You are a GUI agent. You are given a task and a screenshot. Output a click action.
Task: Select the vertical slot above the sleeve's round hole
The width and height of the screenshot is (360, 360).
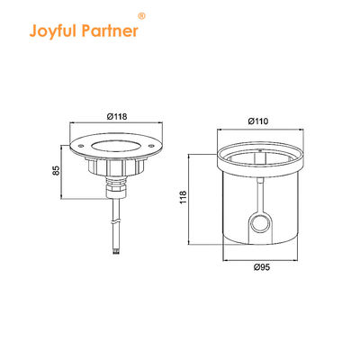click(261, 193)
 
